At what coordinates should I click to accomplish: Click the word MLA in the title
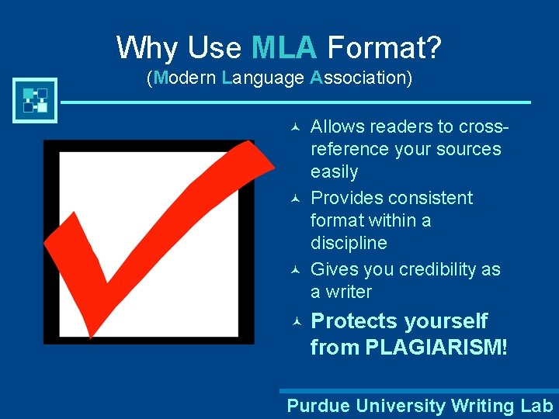point(284,48)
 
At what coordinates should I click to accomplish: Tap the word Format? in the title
point(384,48)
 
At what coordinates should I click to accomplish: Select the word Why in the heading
point(145,48)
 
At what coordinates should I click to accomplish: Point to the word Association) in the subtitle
point(360,78)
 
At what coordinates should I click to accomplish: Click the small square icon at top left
point(35,100)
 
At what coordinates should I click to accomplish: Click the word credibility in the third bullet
point(439,269)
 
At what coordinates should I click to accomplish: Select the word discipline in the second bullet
point(349,243)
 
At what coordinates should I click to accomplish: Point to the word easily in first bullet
point(334,172)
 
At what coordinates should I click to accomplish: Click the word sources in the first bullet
point(467,149)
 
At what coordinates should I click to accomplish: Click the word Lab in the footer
point(536,406)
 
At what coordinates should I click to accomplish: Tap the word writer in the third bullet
point(349,292)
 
